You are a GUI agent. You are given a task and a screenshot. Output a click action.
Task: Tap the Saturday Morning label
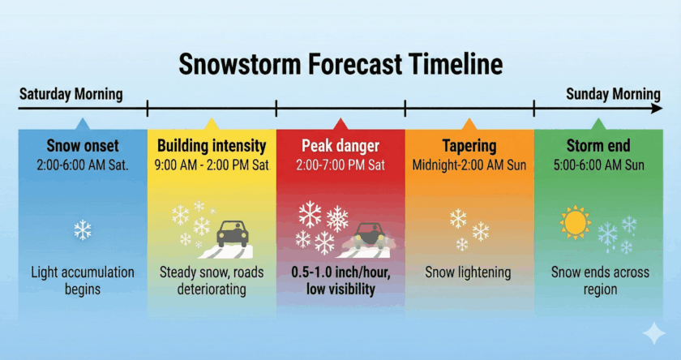click(71, 94)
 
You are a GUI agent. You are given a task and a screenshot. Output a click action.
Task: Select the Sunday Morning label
click(612, 94)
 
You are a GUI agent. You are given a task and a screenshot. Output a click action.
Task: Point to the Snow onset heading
click(83, 147)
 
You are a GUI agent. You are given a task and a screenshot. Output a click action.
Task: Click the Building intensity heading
click(212, 147)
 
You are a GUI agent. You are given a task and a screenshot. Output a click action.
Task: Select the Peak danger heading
click(340, 147)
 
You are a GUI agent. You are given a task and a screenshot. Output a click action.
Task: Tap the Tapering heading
click(469, 147)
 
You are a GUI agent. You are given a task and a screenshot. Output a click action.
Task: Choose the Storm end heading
click(597, 147)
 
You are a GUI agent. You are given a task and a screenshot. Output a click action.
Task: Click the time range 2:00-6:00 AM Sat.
click(83, 165)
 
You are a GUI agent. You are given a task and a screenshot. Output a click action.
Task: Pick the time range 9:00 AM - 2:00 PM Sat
click(212, 165)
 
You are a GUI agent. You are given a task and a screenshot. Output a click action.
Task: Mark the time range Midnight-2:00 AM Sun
click(469, 165)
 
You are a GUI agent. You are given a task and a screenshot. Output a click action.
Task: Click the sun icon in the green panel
click(576, 222)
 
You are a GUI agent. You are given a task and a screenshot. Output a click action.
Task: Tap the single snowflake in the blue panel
click(83, 230)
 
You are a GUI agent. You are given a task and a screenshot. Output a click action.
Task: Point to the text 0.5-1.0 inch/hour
click(340, 272)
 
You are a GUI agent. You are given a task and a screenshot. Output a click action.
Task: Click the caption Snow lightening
click(469, 272)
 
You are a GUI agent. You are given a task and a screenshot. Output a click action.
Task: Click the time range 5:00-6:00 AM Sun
click(597, 165)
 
